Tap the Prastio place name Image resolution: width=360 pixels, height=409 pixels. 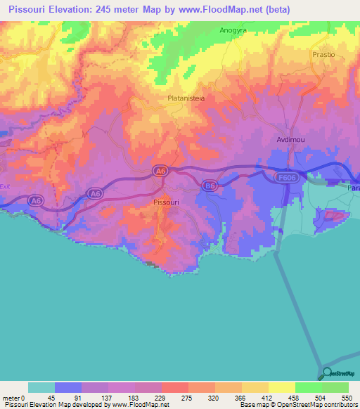click(x=323, y=54)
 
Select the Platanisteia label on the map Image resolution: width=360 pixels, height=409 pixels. click(x=186, y=99)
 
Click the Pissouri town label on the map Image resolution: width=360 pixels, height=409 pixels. click(x=167, y=202)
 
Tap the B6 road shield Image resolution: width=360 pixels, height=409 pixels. click(x=209, y=185)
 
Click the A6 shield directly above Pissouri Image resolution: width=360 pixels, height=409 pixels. click(x=161, y=171)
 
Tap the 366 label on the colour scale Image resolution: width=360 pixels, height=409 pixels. click(x=242, y=397)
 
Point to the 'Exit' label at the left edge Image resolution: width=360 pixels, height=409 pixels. click(x=5, y=187)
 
